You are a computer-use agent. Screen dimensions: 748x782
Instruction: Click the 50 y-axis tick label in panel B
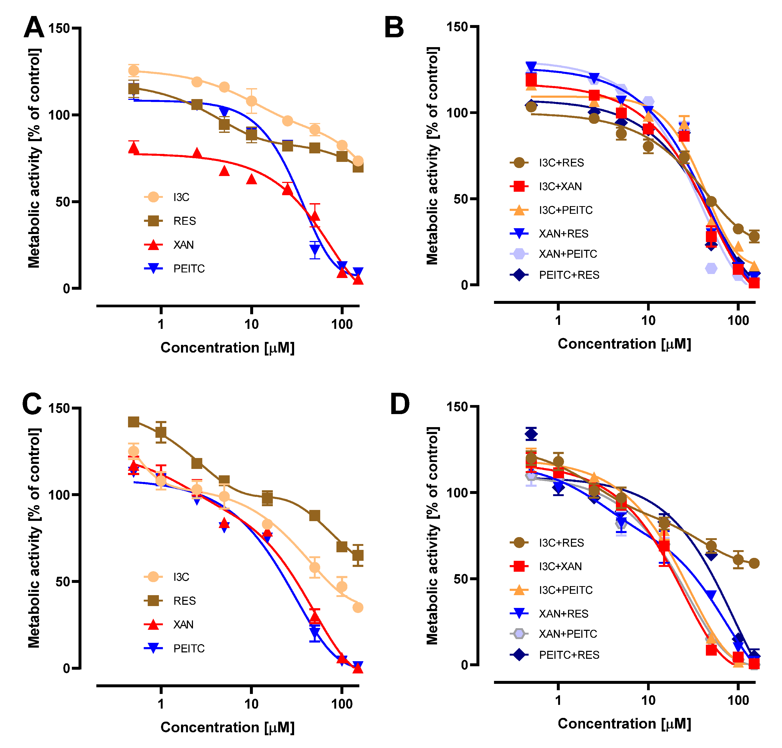pos(460,199)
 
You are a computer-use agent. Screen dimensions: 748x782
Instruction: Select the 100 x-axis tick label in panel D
pos(738,700)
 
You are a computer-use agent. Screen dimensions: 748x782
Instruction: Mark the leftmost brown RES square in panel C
pos(134,422)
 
